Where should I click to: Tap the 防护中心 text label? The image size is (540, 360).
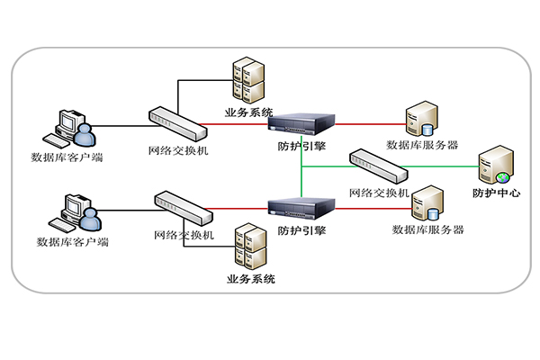click(497, 193)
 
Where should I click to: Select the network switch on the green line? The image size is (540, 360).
click(379, 165)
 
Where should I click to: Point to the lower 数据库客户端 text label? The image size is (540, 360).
click(73, 241)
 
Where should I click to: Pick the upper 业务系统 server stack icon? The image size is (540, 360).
click(247, 82)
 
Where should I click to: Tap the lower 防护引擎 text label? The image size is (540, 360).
click(302, 231)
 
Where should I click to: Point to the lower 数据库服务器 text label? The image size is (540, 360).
click(427, 229)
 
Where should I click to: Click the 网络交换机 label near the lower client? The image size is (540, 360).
click(184, 236)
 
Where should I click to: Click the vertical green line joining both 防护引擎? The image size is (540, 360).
click(301, 171)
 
